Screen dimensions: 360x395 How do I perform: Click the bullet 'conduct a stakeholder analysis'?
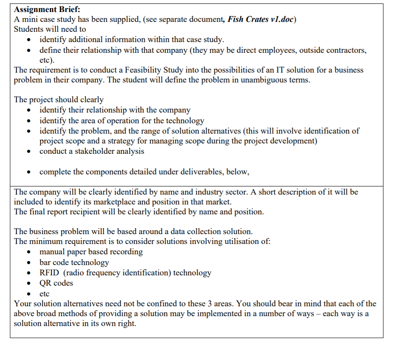pos(91,151)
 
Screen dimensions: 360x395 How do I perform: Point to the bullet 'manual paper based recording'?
pos(91,252)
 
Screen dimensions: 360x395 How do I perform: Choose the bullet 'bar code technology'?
pos(74,262)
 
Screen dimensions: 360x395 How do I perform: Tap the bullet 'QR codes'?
pos(56,283)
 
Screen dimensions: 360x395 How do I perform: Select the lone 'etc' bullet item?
pos(44,294)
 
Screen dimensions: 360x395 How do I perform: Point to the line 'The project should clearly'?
pos(59,100)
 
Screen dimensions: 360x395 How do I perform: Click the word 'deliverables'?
pos(198,172)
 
